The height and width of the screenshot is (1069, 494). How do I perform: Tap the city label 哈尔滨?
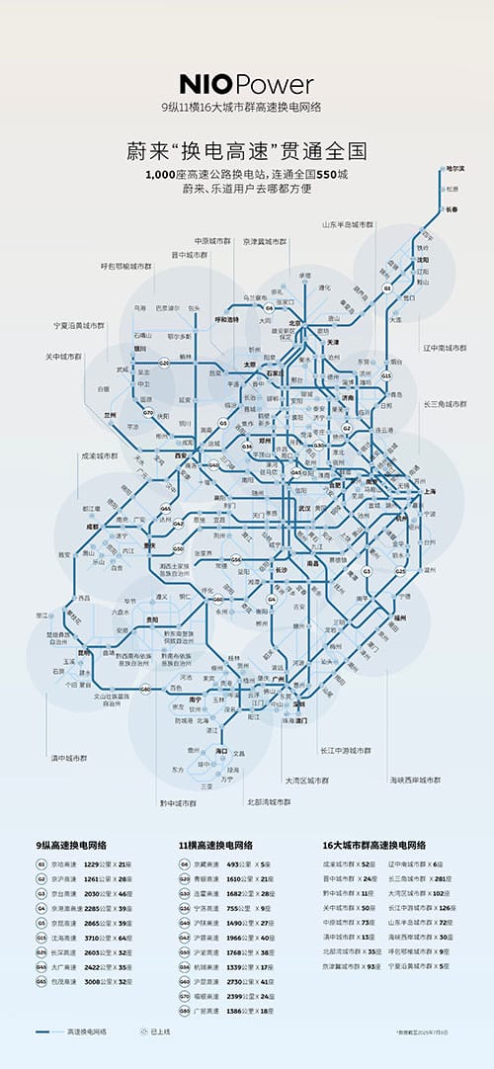click(454, 170)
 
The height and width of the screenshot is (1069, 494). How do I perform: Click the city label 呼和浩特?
click(227, 319)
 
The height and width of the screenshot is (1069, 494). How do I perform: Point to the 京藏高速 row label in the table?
click(206, 863)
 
